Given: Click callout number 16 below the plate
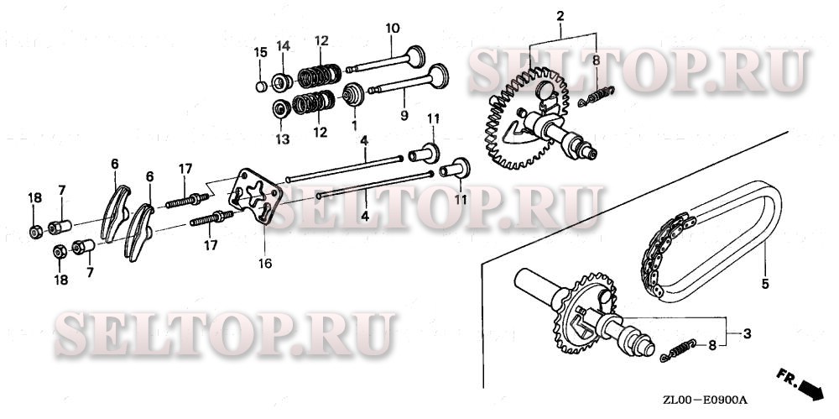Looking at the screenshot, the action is point(265,263).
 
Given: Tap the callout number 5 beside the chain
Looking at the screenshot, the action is point(765,284).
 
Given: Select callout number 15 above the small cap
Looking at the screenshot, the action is point(260,53).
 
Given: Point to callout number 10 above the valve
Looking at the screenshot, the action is point(392,29).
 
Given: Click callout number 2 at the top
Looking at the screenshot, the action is point(560,16).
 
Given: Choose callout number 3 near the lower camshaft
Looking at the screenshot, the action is point(747,334).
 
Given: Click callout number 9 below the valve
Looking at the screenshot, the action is point(404,115).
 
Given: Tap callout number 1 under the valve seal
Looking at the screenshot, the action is point(354,125).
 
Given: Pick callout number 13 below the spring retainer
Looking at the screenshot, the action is point(283,140).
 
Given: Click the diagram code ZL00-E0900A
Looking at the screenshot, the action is point(705,401).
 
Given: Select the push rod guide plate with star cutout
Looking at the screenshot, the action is point(255,195).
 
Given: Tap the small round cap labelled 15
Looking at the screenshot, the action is point(261,86).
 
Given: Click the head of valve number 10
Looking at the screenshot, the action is point(416,56).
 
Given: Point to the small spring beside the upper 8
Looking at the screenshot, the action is point(596,96).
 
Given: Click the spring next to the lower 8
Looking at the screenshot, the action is point(678,350).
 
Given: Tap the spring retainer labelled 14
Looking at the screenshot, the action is point(281,82).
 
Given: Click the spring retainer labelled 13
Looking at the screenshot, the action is point(281,109).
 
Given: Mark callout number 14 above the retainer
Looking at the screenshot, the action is point(283,46).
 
